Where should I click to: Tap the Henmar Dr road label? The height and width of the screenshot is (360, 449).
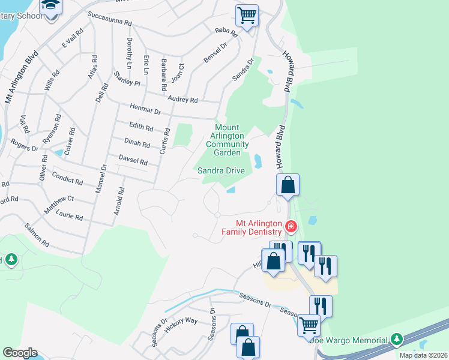coord(145,109)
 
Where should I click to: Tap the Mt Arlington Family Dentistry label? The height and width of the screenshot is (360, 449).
coord(252,227)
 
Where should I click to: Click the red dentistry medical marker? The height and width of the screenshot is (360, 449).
coord(291,226)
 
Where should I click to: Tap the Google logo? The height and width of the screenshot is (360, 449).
coord(20,353)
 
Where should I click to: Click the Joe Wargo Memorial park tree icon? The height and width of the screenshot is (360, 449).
coord(396,340)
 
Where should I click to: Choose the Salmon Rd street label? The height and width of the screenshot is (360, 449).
coord(37,236)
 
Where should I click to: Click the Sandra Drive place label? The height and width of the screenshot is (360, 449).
coord(221,171)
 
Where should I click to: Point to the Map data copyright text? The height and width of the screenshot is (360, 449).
coord(423,355)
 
